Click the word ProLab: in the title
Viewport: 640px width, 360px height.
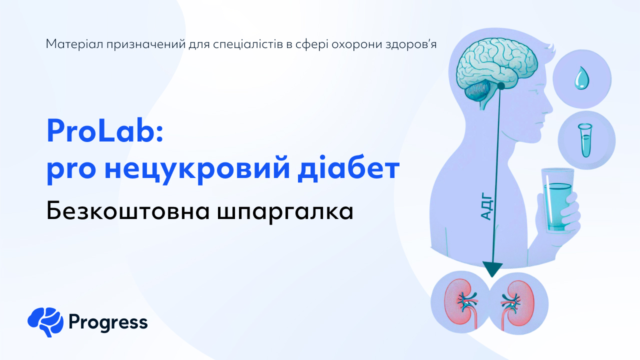point(105,131)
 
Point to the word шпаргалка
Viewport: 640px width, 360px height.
point(285,212)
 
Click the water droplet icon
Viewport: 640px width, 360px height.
point(582,79)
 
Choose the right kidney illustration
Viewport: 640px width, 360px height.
point(514,303)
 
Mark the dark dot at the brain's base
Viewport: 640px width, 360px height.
point(500,86)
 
